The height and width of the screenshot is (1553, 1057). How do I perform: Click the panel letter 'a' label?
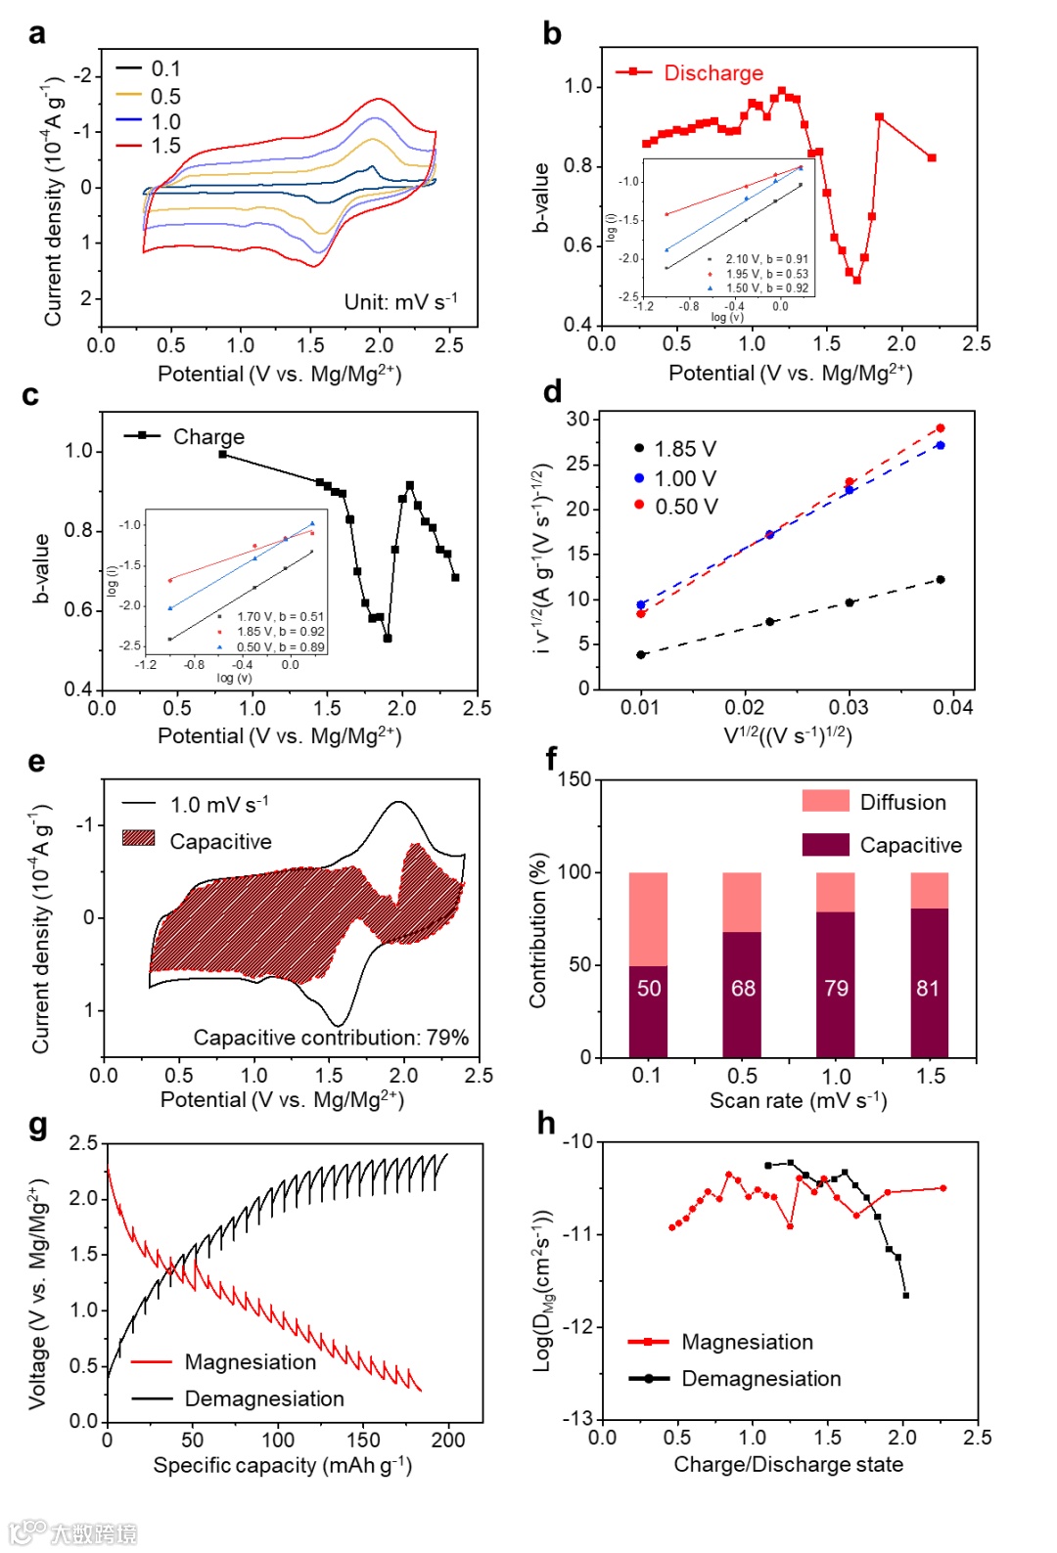37,34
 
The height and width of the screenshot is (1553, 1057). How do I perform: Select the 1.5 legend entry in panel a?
165,146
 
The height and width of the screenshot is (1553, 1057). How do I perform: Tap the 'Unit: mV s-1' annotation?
400,301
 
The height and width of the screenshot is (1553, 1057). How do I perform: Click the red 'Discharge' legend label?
713,72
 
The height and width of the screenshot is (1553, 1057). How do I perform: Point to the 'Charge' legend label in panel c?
208,436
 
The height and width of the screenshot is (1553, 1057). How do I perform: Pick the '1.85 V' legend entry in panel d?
685,449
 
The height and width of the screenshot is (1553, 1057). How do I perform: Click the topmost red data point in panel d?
941,428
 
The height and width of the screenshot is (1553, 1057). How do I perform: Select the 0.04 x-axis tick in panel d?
952,707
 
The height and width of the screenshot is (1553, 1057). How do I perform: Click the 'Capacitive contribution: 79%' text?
331,1038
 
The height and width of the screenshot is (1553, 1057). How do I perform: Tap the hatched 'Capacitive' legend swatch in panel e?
139,838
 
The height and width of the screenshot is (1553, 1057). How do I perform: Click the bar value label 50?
649,989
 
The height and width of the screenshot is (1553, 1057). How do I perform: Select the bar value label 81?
928,989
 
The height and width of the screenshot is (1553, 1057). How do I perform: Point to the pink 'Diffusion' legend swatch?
825,801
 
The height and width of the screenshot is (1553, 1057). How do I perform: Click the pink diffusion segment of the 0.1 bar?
648,918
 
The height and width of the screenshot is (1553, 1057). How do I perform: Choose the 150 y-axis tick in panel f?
574,779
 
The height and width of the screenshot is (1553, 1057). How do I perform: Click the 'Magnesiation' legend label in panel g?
251,1362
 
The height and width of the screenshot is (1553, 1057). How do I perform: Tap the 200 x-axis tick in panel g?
448,1440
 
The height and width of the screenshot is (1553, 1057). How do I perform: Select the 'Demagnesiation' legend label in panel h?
761,1379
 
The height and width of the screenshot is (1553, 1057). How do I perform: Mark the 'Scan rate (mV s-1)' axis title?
798,1101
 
